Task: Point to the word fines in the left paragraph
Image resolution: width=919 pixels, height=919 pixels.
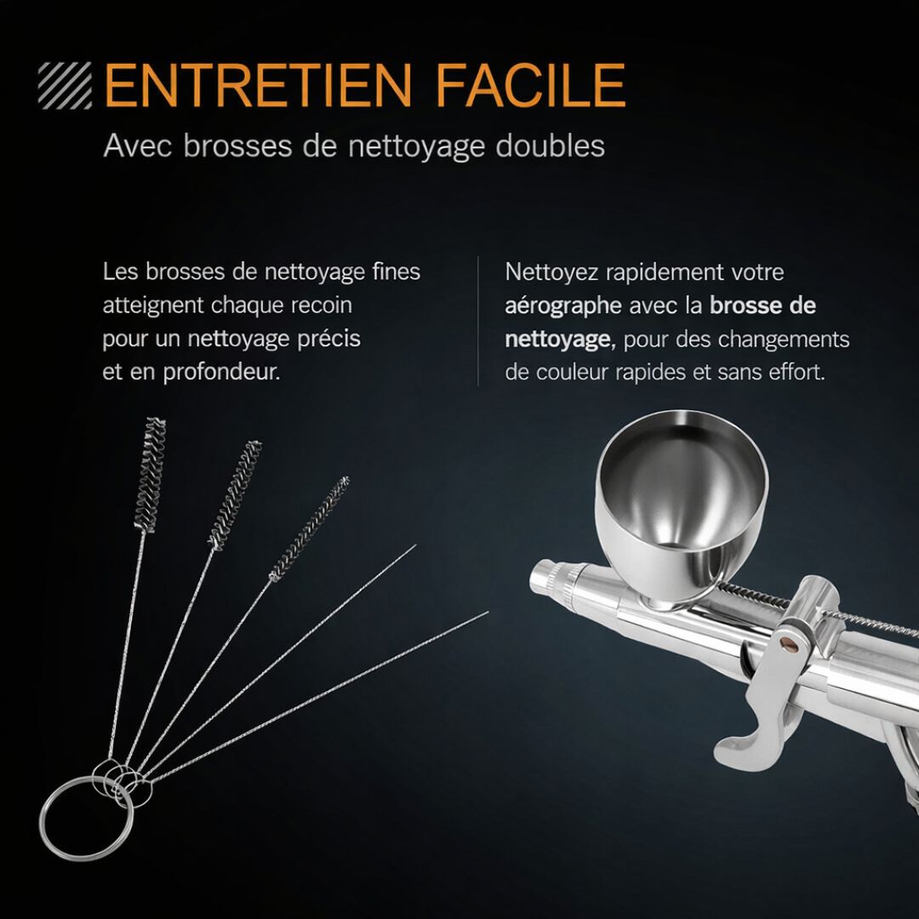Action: (x=396, y=272)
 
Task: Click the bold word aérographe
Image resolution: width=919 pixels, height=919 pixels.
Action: (x=562, y=305)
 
